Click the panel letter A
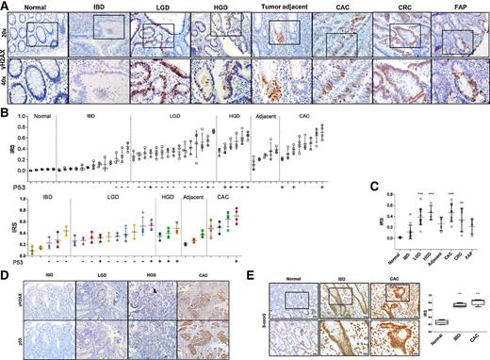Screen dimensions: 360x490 [5, 5]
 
